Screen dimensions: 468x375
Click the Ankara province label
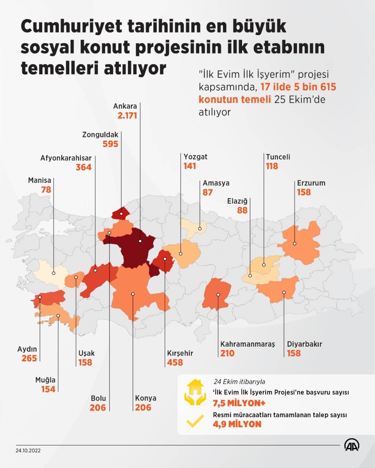[125, 106]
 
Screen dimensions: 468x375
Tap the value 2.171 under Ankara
[127, 116]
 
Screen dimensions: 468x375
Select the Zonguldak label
[100, 135]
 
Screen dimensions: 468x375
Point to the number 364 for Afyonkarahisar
[83, 167]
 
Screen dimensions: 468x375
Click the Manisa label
[40, 181]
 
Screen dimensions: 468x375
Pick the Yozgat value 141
[190, 166]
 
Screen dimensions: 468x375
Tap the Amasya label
[216, 183]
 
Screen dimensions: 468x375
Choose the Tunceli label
[278, 157]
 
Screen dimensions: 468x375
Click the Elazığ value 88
[242, 210]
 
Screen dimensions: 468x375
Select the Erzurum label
[311, 183]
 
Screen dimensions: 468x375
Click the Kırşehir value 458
[175, 362]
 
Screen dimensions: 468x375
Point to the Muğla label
[45, 380]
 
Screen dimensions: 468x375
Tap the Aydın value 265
[29, 358]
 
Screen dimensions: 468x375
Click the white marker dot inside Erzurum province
[295, 244]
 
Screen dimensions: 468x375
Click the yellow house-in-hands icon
[196, 393]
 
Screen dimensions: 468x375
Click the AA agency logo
[352, 445]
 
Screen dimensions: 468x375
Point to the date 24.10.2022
[28, 450]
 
